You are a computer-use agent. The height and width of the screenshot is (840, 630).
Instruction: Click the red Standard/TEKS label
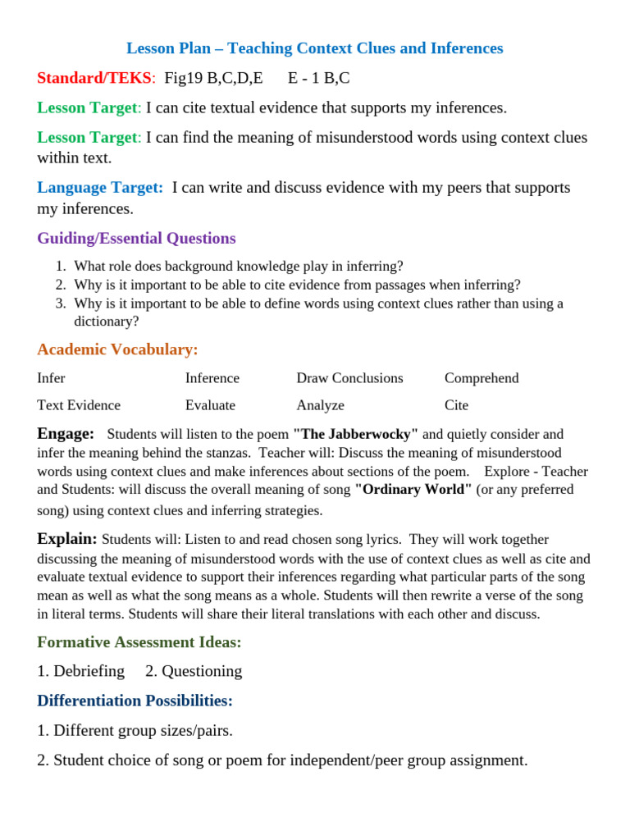coord(94,78)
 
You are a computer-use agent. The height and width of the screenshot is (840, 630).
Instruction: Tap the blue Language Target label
coord(100,188)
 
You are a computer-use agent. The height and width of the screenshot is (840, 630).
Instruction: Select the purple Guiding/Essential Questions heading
coord(136,239)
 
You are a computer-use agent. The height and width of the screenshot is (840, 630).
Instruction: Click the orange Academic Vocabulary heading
coord(117,349)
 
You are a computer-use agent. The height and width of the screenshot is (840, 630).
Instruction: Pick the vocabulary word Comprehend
coord(482,378)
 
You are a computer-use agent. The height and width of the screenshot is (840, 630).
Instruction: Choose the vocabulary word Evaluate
coord(210,405)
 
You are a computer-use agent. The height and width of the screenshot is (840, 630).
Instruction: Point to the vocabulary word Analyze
coord(320,405)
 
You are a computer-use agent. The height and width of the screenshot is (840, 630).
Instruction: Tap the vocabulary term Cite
coord(456,405)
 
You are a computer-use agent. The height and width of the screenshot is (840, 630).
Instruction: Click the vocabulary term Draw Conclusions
coord(349,378)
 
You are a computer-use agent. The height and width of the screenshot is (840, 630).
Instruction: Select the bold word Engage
coord(66,433)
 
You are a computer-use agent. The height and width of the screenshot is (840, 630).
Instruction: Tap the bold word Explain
coord(67,539)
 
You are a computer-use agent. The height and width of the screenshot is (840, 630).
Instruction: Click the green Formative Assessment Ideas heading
coord(139,642)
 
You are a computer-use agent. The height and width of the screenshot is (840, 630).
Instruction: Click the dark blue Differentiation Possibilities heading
coord(135,701)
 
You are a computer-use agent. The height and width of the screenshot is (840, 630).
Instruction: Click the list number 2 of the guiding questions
coord(60,285)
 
